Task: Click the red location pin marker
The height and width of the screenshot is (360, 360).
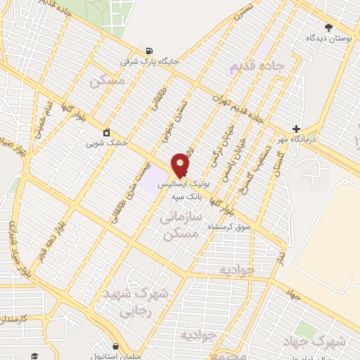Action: click(180, 165)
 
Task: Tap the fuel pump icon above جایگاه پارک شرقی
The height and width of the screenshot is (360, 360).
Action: click(148, 51)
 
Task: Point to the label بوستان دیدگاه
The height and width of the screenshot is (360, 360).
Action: click(328, 38)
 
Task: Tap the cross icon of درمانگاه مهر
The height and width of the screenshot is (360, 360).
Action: click(297, 129)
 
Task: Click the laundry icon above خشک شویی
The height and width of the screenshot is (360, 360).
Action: click(106, 132)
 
